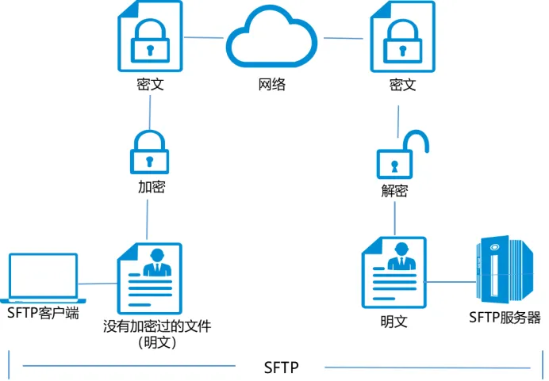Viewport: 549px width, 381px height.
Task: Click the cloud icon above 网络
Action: pyautogui.click(x=271, y=36)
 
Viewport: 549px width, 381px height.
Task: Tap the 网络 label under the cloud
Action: pyautogui.click(x=271, y=85)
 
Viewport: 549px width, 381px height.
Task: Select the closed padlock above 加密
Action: pyautogui.click(x=149, y=150)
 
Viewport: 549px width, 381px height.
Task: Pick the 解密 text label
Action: pyautogui.click(x=394, y=192)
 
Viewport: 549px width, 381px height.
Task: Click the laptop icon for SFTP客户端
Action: pyautogui.click(x=42, y=278)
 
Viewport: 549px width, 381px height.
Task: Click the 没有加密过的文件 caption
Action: pyautogui.click(x=157, y=326)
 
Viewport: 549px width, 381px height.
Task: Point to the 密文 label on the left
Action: pyautogui.click(x=150, y=84)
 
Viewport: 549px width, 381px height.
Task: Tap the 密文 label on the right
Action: pyautogui.click(x=402, y=84)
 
